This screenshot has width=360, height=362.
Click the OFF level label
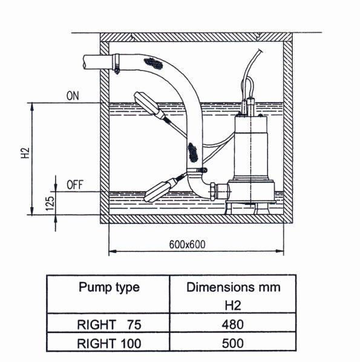click(74, 185)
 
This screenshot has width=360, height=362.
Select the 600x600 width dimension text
click(187, 245)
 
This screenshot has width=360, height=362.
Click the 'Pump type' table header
click(109, 287)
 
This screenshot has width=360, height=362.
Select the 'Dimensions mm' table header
click(232, 287)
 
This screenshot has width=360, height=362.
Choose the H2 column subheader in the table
click(232, 306)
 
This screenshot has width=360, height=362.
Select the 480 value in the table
click(232, 325)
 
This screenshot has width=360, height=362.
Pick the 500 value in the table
click(232, 344)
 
